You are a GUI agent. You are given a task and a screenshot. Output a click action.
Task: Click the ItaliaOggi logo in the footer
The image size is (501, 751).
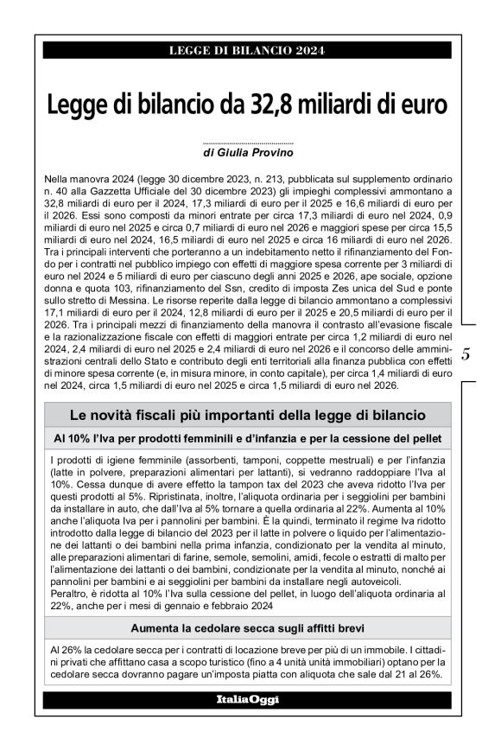[248, 698]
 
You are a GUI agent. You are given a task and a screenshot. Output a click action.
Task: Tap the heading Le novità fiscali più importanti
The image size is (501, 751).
[248, 416]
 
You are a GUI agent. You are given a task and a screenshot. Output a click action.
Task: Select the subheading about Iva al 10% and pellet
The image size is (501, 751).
[248, 439]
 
